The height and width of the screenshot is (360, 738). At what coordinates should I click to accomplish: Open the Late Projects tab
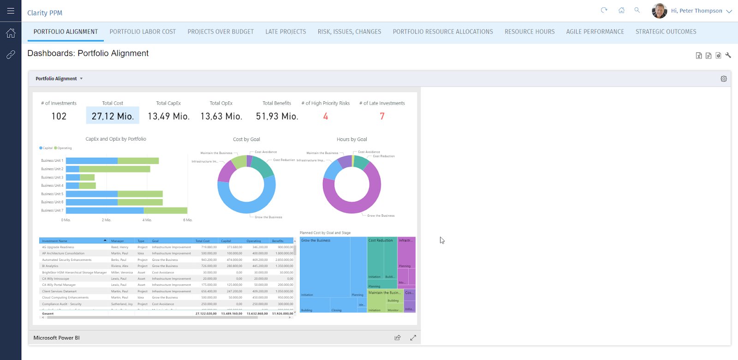pyautogui.click(x=286, y=32)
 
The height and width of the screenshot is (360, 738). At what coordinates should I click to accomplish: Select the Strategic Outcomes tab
pyautogui.click(x=666, y=32)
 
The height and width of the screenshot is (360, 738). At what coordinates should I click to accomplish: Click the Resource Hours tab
pyautogui.click(x=530, y=32)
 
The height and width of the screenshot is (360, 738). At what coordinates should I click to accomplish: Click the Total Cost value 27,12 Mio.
pyautogui.click(x=113, y=116)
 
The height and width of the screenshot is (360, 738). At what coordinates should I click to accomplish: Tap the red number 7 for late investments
pyautogui.click(x=382, y=116)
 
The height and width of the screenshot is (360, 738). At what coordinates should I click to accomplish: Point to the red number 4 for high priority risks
pyautogui.click(x=326, y=116)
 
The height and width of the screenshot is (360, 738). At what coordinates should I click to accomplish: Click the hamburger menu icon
pyautogui.click(x=11, y=11)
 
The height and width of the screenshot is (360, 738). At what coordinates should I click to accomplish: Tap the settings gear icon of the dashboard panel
pyautogui.click(x=723, y=79)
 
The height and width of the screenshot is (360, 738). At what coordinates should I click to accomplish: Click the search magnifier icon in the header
pyautogui.click(x=637, y=10)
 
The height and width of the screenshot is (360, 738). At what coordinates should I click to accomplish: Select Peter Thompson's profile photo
pyautogui.click(x=659, y=11)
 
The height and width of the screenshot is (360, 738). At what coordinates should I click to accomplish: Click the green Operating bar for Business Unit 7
pyautogui.click(x=165, y=211)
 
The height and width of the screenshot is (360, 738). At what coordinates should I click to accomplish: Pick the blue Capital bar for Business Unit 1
pyautogui.click(x=91, y=161)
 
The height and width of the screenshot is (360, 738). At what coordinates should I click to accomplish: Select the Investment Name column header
pyautogui.click(x=54, y=241)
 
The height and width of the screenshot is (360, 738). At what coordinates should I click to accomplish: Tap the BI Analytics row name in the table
pyautogui.click(x=50, y=266)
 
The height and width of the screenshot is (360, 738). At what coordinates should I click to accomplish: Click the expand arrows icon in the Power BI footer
pyautogui.click(x=413, y=338)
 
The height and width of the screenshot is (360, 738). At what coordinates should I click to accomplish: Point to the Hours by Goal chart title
pyautogui.click(x=351, y=139)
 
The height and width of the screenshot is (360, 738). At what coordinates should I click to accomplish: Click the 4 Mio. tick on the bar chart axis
pyautogui.click(x=147, y=220)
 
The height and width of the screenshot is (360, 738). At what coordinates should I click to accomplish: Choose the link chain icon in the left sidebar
pyautogui.click(x=11, y=55)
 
